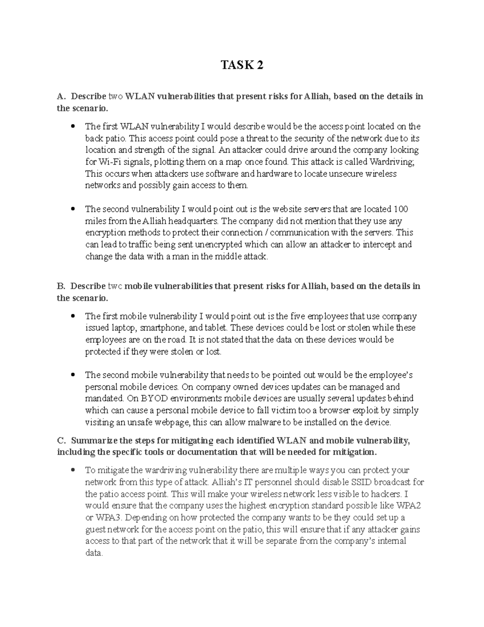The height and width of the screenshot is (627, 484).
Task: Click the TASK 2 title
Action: tap(242, 65)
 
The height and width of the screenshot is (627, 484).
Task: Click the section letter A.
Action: tap(60, 96)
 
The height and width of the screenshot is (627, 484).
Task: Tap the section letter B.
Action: tap(60, 286)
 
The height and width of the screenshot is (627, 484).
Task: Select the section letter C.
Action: tap(60, 440)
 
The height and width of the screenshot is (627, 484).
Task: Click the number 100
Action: tap(401, 209)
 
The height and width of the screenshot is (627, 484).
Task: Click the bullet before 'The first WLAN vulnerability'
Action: tap(73, 126)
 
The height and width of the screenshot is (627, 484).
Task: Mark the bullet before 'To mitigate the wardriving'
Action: tap(73, 470)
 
